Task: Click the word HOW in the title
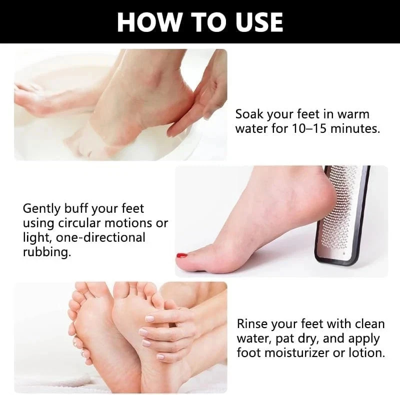(148, 22)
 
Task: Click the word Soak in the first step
(249, 114)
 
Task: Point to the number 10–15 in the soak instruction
(309, 128)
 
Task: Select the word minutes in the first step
(355, 128)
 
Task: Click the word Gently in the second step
(41, 209)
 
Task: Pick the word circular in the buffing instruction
(79, 223)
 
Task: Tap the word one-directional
(100, 238)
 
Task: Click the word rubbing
(46, 252)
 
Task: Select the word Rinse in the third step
(252, 324)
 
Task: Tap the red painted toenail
(182, 255)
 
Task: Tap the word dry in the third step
(308, 339)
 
